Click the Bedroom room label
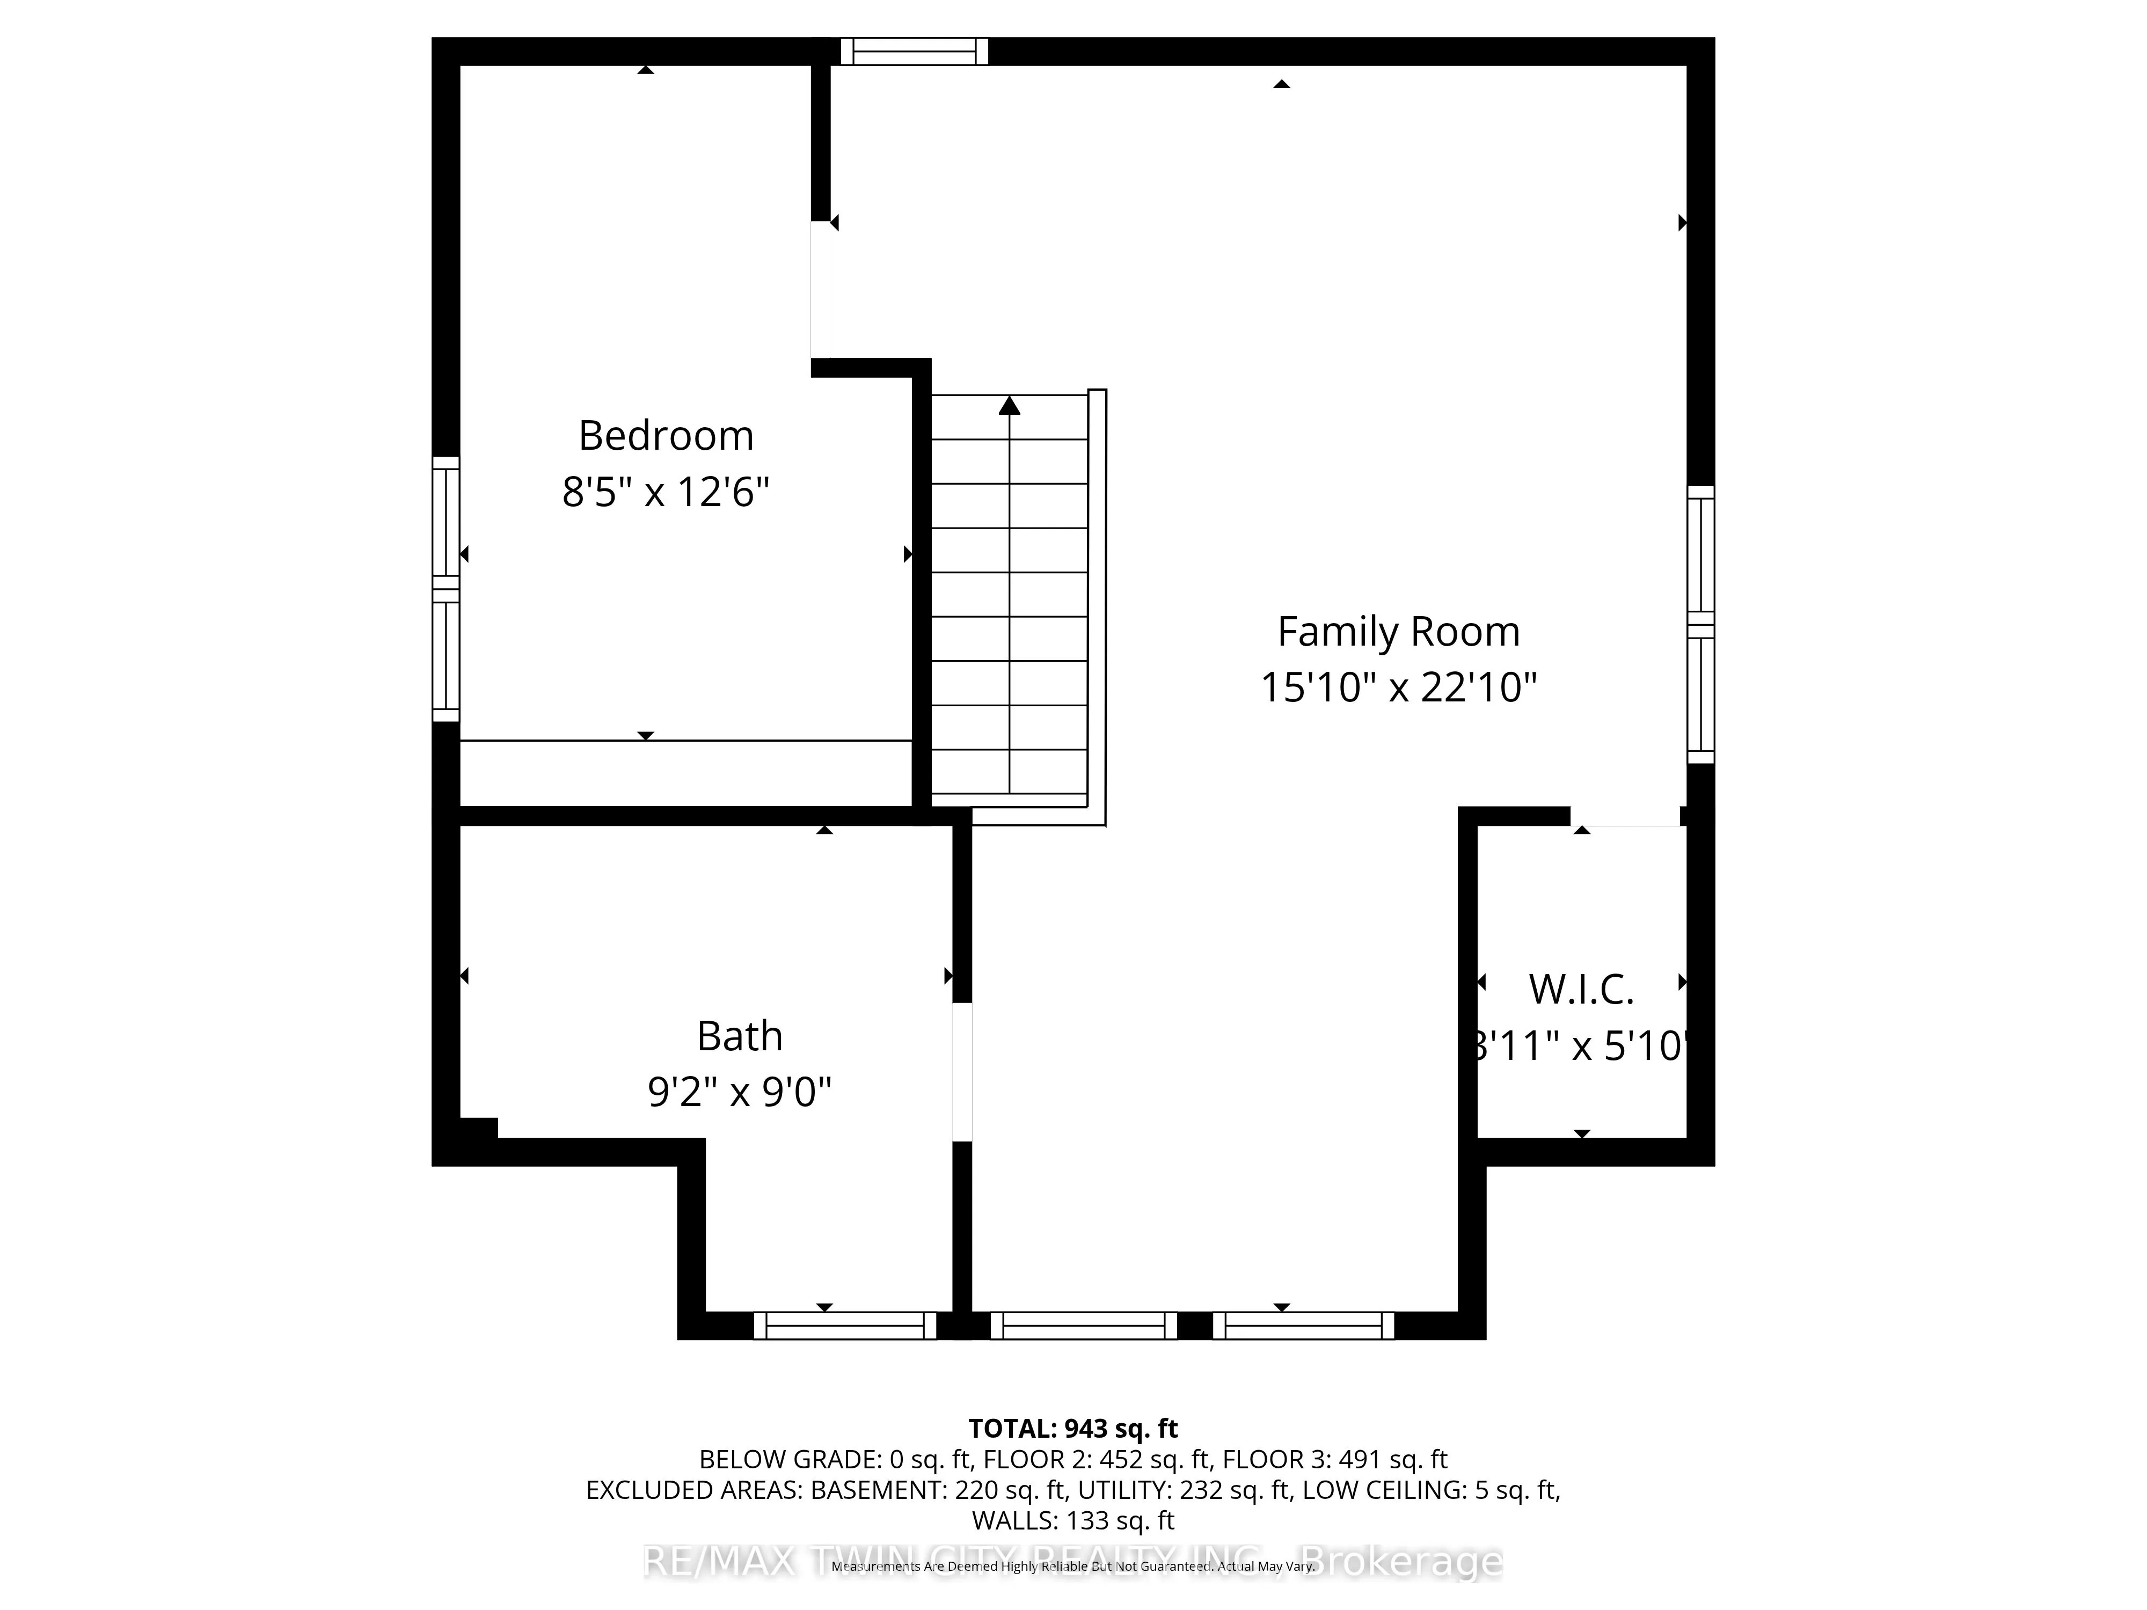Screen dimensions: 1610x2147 point(666,436)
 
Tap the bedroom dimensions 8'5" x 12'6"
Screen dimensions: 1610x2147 point(666,492)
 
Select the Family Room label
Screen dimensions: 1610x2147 point(1398,632)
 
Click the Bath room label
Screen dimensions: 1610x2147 point(740,1036)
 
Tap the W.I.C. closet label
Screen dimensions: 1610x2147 point(1581,990)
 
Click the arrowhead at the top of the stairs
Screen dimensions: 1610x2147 point(1010,406)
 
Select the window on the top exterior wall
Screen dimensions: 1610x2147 point(914,52)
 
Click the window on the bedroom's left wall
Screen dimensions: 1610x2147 point(446,589)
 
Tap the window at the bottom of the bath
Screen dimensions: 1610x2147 point(844,1326)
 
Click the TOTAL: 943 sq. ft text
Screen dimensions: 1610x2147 point(1072,1429)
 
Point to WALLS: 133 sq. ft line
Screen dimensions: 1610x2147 point(1072,1521)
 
